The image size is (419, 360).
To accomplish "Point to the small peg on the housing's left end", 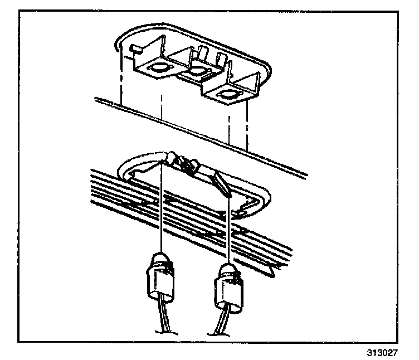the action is [x=133, y=48].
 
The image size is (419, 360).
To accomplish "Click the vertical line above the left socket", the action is [x=161, y=206].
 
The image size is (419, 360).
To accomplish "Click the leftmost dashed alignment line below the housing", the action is [x=121, y=84].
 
